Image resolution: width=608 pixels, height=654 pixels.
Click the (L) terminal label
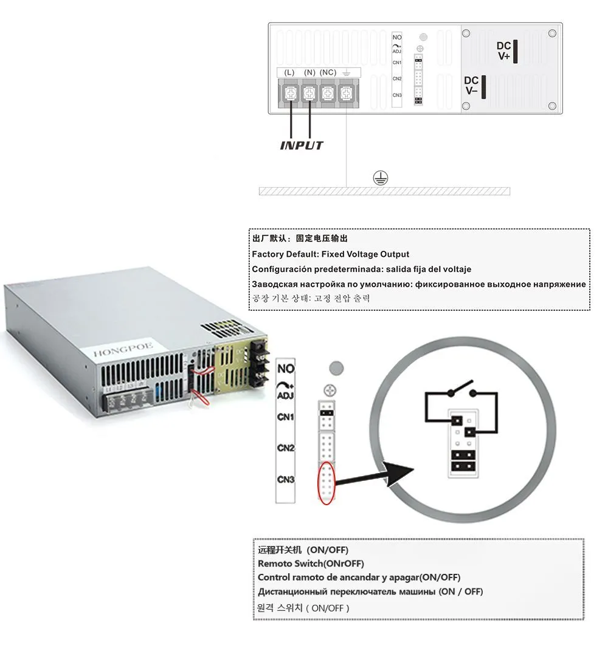(289, 73)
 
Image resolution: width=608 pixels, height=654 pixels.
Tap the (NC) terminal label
(328, 73)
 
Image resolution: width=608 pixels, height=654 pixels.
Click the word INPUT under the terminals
(302, 145)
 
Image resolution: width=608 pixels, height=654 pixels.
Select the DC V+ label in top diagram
(504, 51)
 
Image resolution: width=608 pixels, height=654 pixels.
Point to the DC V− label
(472, 86)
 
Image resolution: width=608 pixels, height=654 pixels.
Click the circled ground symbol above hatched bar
(381, 177)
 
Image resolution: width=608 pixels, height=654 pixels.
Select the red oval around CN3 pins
(327, 483)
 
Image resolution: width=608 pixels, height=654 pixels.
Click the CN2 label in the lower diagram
(286, 448)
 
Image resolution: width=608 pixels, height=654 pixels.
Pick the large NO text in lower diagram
(286, 369)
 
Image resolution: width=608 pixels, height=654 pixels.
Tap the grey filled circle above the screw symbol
(336, 368)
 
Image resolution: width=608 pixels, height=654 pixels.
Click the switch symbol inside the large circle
(461, 387)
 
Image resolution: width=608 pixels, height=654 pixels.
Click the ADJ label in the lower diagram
(286, 396)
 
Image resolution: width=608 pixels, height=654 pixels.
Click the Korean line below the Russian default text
(310, 298)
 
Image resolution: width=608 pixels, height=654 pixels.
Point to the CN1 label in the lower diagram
(286, 418)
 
